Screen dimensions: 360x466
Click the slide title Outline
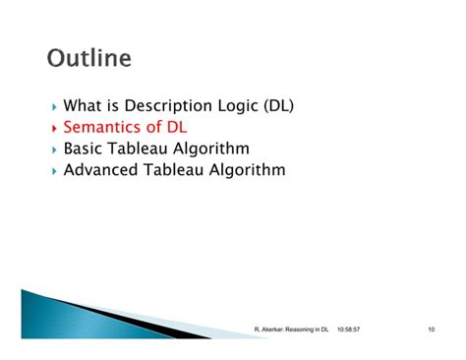point(88,58)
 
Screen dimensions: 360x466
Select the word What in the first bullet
point(83,105)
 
